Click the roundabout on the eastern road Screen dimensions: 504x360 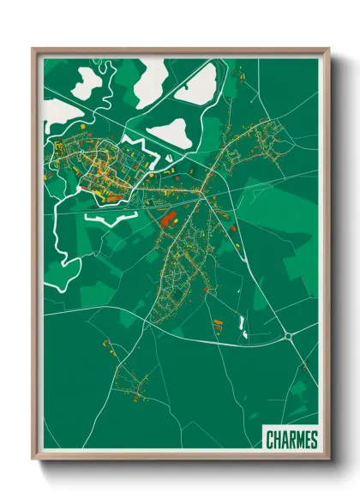coord(290,337)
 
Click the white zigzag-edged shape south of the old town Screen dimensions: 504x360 coord(107,219)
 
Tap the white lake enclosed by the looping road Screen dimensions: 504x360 coord(88,81)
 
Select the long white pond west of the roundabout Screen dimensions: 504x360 coord(242,324)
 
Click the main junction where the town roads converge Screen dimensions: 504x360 coord(201,195)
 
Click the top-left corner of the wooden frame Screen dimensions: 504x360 coord(34,50)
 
